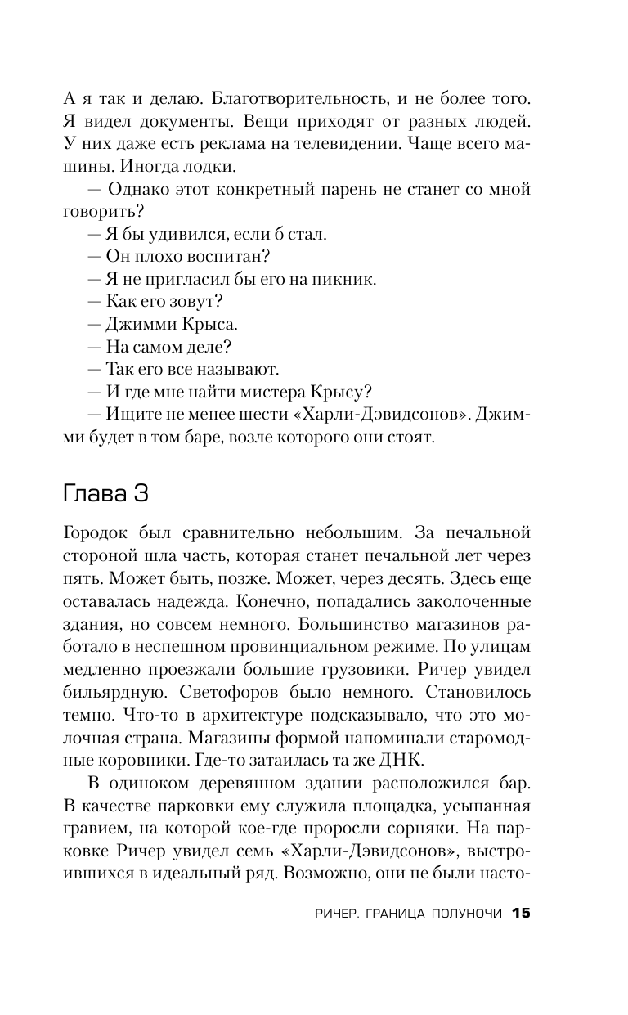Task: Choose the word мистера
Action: tap(270, 391)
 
